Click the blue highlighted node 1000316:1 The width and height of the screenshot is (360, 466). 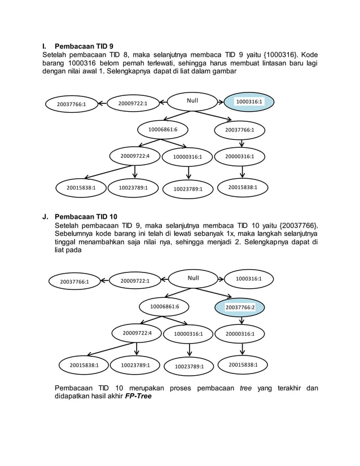pos(249,102)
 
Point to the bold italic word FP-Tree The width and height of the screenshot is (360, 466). pos(138,396)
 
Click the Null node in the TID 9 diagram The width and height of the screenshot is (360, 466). pos(193,102)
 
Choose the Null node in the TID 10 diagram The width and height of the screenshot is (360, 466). pos(194,278)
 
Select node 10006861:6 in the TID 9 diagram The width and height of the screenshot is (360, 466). pos(163,130)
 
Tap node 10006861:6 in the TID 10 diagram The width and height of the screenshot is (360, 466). pos(165,306)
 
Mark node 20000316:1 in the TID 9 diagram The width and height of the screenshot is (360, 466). pos(240,156)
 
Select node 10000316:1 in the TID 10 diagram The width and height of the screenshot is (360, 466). pos(188,334)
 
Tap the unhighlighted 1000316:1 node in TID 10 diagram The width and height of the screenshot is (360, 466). pos(249,279)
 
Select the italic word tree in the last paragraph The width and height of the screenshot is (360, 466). pos(245,388)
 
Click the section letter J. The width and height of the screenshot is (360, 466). pos(45,217)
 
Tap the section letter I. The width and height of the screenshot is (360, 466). pos(44,46)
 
